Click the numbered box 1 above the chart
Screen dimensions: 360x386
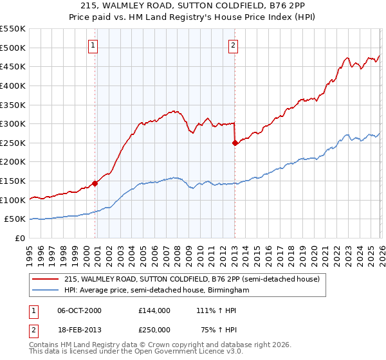[94, 45]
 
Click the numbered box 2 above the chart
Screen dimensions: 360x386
[232, 45]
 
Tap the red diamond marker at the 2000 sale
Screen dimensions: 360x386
[95, 183]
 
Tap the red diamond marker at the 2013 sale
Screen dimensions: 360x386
[235, 143]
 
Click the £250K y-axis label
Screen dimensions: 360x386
[13, 143]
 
